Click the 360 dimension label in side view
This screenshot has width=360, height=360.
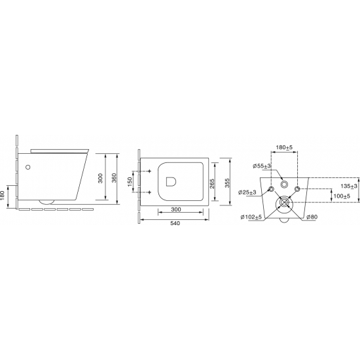coord(115,178)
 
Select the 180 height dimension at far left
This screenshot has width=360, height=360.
coord(3,196)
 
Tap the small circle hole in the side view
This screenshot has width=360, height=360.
coord(27,167)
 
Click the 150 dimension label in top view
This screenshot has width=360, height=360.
coord(130,181)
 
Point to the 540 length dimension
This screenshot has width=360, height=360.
coord(175,223)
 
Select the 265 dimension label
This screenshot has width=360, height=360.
coord(212,184)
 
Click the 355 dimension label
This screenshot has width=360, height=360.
coord(227,183)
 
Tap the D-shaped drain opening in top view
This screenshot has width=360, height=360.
coord(171,181)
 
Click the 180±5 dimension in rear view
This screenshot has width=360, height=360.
coord(284,147)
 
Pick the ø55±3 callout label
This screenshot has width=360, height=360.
coord(262,166)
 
